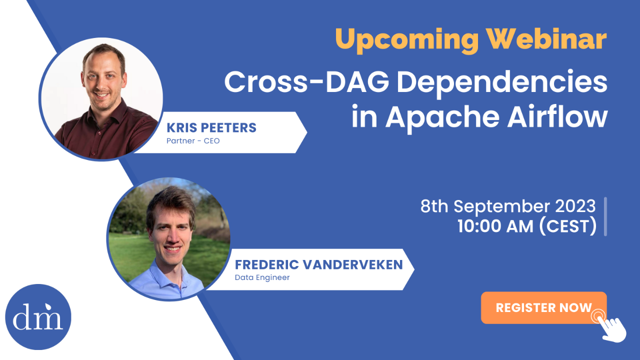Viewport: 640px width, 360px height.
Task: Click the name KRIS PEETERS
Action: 211,127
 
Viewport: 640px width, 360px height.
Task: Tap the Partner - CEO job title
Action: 193,141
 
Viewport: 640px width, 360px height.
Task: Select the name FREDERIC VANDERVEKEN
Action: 318,264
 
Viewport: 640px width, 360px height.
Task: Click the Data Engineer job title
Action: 262,277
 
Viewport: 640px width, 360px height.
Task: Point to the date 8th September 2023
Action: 508,206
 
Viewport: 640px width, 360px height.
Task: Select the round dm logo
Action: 38,317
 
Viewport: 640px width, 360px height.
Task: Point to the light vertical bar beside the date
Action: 605,216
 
